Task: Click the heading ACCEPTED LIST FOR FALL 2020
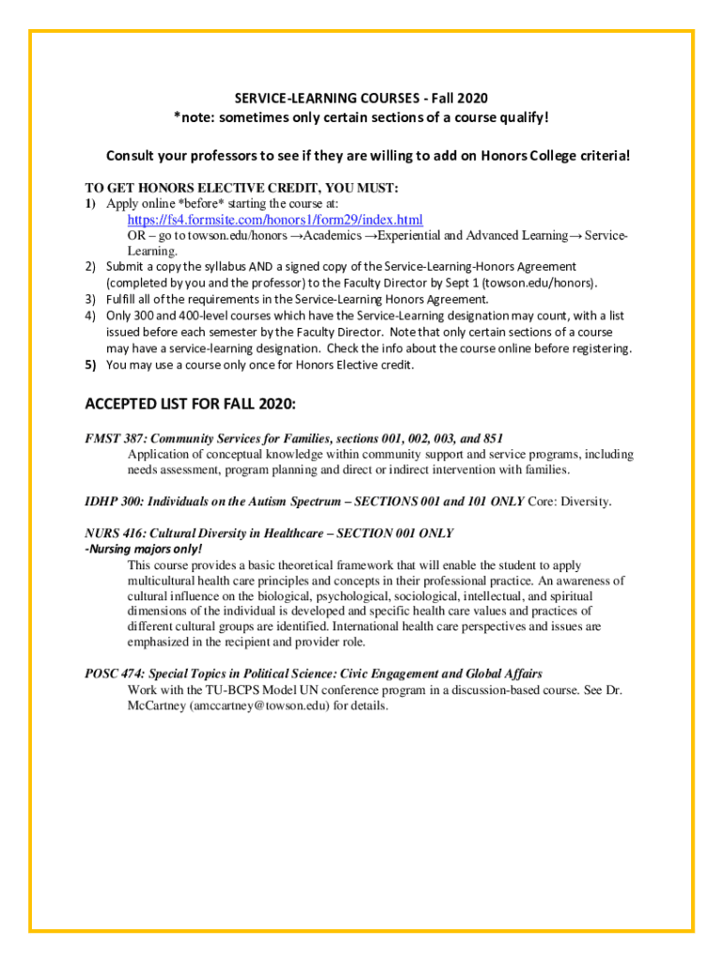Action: coord(191,404)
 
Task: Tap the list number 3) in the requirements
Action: coord(91,300)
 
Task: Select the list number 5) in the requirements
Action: coord(91,365)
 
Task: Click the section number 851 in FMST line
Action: coord(491,439)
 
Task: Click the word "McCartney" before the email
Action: coord(156,706)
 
